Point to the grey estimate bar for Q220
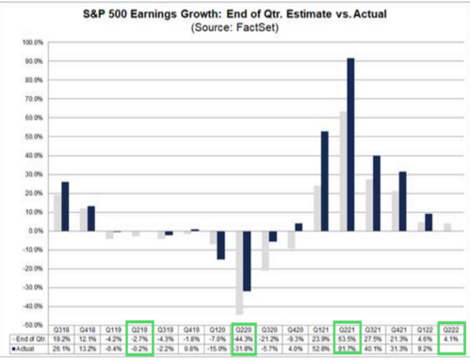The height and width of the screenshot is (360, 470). point(239,272)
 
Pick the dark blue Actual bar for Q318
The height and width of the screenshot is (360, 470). point(65,206)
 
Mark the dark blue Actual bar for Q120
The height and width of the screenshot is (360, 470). point(220,245)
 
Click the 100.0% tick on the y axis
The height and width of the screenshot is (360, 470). point(34,42)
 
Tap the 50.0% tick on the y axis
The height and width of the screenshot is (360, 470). point(34,137)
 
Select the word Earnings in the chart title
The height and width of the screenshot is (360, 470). point(159,11)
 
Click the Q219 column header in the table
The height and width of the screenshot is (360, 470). point(138,329)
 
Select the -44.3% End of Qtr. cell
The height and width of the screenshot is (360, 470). point(242,338)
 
